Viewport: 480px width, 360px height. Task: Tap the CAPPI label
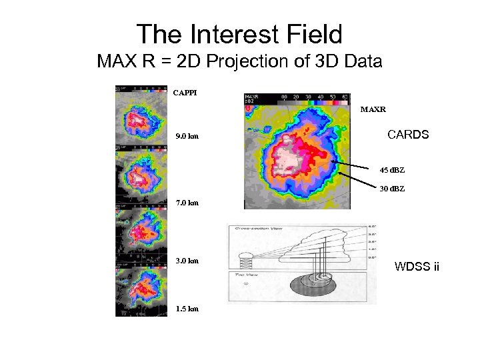click(185, 93)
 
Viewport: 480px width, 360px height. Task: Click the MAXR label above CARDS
click(373, 108)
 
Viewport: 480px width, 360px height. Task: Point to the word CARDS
click(408, 135)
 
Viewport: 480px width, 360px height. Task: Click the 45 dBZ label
click(392, 170)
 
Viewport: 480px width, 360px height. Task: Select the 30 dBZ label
click(392, 189)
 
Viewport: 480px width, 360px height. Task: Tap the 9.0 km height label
click(187, 137)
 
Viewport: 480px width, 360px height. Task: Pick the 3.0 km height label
click(187, 261)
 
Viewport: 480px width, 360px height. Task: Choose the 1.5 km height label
click(187, 309)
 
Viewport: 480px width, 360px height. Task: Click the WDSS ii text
click(417, 267)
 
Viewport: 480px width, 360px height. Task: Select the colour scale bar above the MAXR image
click(313, 97)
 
